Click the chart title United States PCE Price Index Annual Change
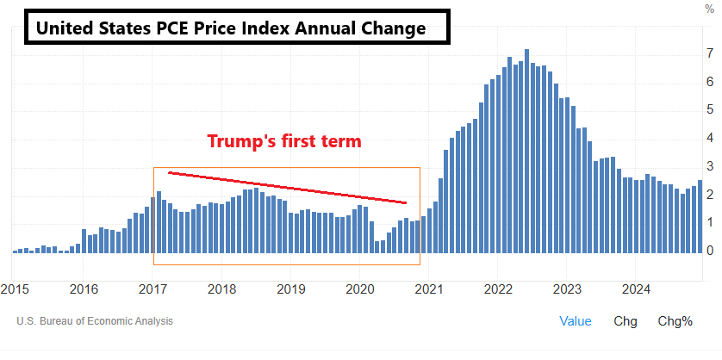click(x=230, y=28)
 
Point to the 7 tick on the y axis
click(x=709, y=54)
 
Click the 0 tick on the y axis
click(x=709, y=251)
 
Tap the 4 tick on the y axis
click(x=709, y=138)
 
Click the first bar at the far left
click(x=15, y=251)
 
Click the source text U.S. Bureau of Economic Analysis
click(x=95, y=321)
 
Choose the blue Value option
click(x=576, y=321)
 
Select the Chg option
click(x=626, y=321)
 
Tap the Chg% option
click(x=675, y=321)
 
